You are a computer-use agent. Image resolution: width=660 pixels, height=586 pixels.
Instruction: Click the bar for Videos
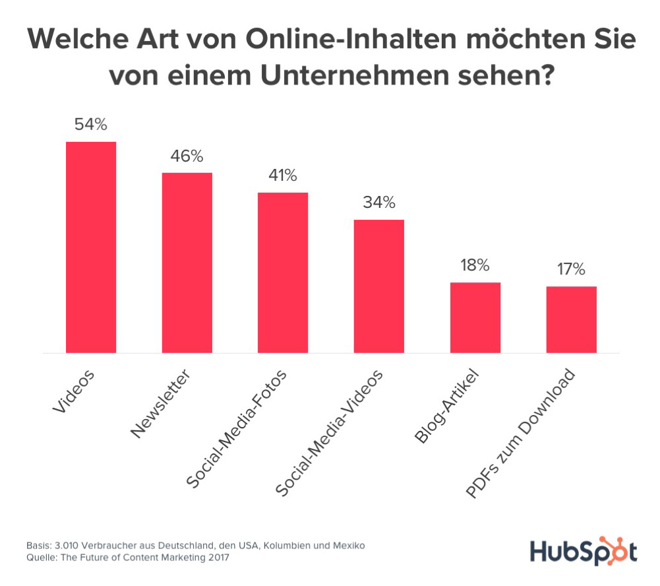tap(91, 247)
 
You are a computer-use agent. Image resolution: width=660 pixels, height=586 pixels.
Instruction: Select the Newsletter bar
tap(187, 263)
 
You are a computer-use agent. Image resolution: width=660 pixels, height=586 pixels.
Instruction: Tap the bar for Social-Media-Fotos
tap(282, 273)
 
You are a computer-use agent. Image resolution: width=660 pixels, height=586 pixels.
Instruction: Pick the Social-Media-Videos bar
tap(379, 286)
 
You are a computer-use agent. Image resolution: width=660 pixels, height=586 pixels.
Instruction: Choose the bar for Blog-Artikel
tap(475, 317)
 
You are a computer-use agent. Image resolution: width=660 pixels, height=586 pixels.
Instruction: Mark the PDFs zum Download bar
tap(571, 319)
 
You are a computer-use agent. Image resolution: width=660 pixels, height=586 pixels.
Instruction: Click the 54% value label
tap(91, 124)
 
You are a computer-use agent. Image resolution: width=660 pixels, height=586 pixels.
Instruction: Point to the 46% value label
tap(187, 156)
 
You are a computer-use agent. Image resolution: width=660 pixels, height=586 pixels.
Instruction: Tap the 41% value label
tap(282, 176)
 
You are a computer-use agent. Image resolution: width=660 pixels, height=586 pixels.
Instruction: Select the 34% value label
tap(379, 202)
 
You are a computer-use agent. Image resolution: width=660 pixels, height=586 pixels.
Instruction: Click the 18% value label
tap(475, 265)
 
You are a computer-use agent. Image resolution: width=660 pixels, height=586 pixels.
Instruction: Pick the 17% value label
tap(571, 269)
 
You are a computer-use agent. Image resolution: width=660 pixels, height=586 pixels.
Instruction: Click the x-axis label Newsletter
tap(161, 404)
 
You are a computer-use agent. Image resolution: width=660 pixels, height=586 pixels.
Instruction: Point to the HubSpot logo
tap(584, 551)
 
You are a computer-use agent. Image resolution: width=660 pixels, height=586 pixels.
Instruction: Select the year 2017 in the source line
tap(219, 558)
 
